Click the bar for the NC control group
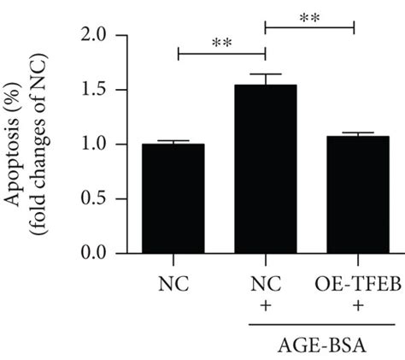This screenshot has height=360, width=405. point(173,198)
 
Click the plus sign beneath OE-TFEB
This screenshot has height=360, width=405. point(353,304)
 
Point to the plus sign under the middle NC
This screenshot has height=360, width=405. point(265,304)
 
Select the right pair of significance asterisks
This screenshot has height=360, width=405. point(309,16)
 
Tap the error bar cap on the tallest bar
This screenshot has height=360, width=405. point(265,74)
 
